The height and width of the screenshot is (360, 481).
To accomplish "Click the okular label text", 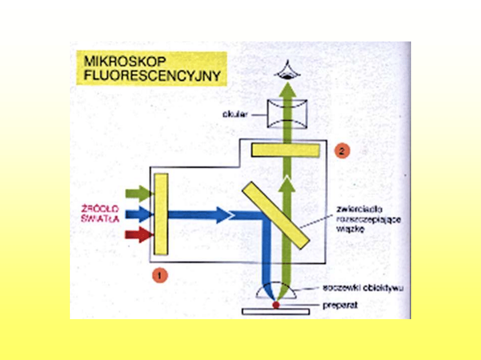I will click(x=234, y=114).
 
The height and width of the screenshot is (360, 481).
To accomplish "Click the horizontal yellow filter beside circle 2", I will click(x=285, y=150).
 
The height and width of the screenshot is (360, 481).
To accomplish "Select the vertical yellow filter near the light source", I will click(x=161, y=214).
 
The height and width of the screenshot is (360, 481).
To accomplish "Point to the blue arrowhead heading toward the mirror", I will click(x=225, y=215).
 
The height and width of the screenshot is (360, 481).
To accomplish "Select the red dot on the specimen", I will click(x=276, y=305).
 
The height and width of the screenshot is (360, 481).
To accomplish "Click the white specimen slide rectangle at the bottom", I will click(x=276, y=312).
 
